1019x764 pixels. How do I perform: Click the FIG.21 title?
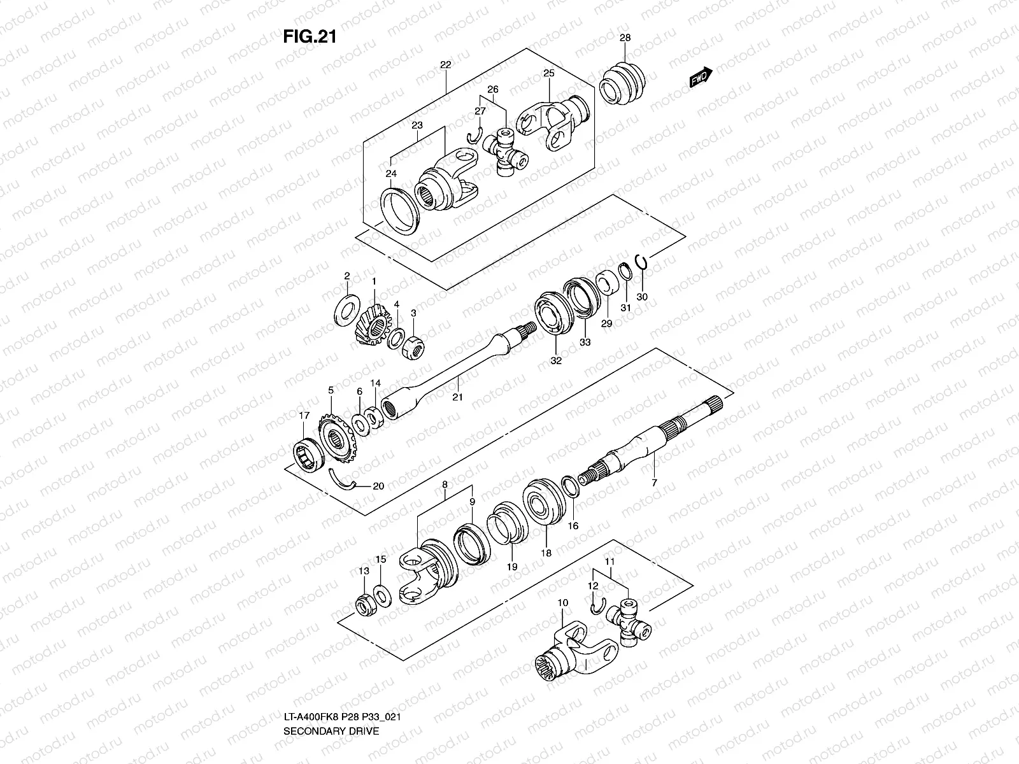(310, 37)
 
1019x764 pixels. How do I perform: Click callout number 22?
(445, 65)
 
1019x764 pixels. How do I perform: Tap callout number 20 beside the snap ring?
(378, 486)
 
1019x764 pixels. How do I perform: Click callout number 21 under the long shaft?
(457, 397)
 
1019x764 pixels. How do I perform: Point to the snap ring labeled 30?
(642, 265)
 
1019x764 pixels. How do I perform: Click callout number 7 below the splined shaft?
(653, 483)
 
